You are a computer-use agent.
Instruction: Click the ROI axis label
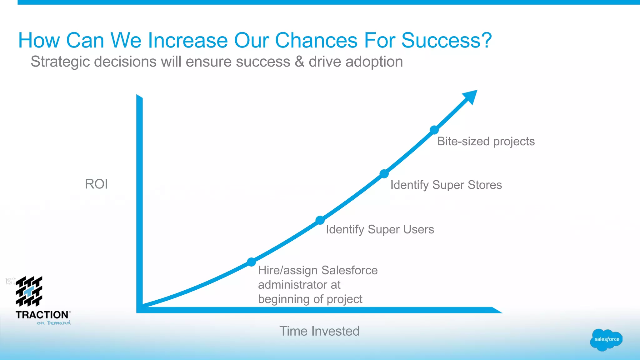tap(96, 184)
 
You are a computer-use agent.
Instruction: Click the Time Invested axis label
tap(319, 331)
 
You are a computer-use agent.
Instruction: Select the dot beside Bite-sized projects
tap(434, 130)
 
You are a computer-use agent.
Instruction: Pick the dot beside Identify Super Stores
tap(384, 174)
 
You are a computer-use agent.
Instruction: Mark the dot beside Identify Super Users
tap(320, 220)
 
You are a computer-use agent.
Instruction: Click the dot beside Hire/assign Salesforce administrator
tap(251, 262)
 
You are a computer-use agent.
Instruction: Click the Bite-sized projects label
tap(486, 141)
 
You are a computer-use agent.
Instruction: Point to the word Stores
tap(485, 185)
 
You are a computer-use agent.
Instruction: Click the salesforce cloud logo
tap(606, 339)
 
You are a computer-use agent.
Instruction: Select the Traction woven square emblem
tap(29, 291)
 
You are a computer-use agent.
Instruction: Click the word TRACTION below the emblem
tap(42, 315)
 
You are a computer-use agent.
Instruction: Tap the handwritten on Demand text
tap(54, 323)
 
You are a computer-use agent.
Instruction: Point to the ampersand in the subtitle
tap(299, 62)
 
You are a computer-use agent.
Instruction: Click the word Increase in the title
tap(187, 41)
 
